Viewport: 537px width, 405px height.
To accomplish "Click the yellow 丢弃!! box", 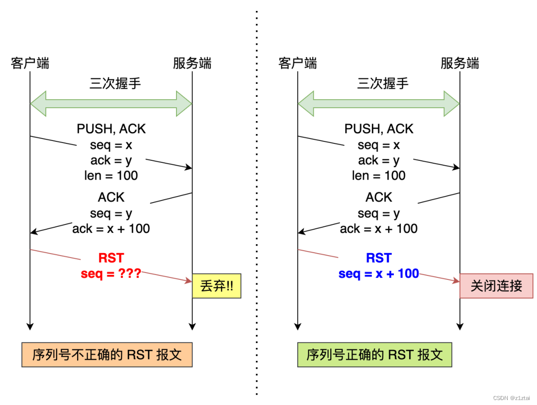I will click(216, 286).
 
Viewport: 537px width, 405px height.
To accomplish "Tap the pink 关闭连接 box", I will click(496, 286).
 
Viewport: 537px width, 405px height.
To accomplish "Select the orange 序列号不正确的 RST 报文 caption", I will click(107, 355).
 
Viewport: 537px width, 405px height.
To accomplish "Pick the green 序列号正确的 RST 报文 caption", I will click(374, 355).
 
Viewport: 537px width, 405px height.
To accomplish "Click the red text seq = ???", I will click(111, 273).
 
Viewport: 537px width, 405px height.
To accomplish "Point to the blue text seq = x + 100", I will click(379, 273).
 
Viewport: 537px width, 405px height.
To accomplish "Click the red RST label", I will click(111, 258).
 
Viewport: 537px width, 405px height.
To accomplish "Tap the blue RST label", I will click(379, 258).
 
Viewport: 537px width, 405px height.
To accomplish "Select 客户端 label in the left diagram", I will click(30, 63).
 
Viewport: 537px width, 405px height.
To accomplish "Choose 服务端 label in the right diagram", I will click(459, 63).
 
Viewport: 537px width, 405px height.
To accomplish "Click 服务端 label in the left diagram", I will click(192, 63).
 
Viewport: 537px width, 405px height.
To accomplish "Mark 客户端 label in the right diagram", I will click(297, 63).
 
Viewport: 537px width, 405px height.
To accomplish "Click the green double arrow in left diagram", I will click(111, 104).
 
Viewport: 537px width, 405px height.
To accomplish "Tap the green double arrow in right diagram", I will click(378, 104).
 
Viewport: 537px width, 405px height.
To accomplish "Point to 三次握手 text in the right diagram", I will click(382, 83).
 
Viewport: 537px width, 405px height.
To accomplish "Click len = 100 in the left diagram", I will click(111, 175).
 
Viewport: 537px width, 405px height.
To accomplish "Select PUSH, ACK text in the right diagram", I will click(379, 129).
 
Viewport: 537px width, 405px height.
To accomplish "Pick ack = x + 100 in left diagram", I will click(111, 228).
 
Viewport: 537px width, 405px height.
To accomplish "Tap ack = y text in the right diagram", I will click(379, 160).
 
